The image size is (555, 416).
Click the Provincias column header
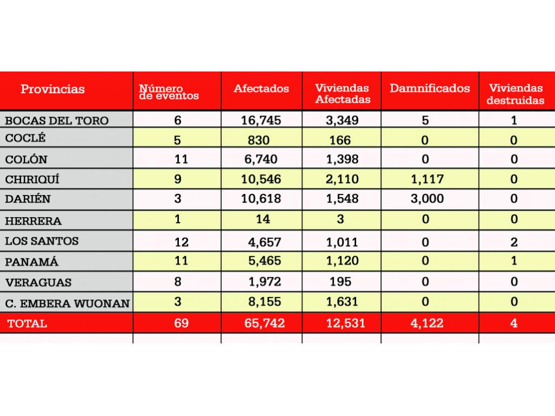point(53,89)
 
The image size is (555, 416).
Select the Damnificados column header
point(430,88)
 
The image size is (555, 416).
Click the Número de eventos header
point(169,92)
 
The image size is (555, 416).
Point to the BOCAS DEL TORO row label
point(57,120)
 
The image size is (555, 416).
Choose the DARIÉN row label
point(28,199)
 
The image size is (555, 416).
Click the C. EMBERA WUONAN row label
point(67,303)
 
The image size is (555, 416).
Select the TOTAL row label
point(27,324)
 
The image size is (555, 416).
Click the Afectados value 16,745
point(261,120)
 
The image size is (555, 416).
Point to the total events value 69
point(182,324)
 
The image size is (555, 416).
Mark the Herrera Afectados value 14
point(261,219)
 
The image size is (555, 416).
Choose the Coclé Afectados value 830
point(261,140)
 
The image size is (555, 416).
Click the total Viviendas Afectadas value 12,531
point(341,324)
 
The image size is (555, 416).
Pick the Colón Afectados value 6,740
point(261,159)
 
